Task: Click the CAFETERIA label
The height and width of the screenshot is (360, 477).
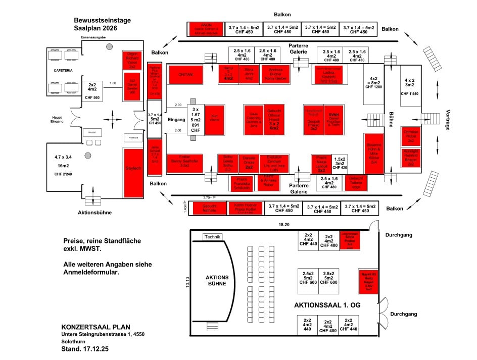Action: click(64, 70)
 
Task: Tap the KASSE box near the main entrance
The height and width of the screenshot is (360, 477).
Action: click(92, 132)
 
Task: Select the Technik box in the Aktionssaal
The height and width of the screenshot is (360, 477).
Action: click(213, 237)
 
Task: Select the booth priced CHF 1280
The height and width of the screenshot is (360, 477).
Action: click(374, 83)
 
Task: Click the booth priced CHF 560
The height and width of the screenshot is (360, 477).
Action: click(92, 89)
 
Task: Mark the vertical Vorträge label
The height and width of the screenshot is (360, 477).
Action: click(447, 121)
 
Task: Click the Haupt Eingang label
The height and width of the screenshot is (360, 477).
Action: click(57, 120)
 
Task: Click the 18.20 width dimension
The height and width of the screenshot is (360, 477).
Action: click(285, 224)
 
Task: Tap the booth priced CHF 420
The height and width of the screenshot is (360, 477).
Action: click(341, 163)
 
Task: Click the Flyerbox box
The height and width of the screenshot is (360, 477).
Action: click(133, 137)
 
